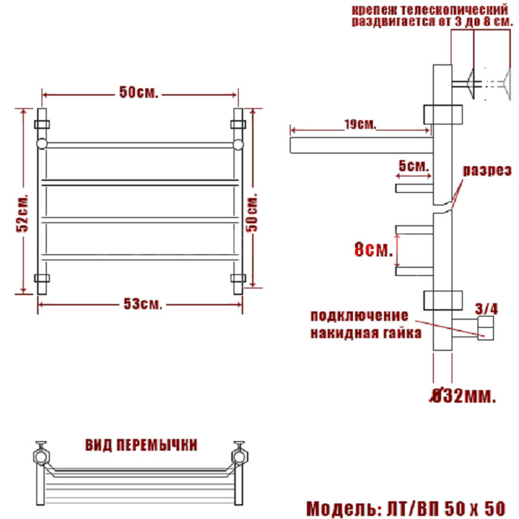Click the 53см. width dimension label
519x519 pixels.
[x=143, y=304]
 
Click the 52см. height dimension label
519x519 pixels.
[x=22, y=213]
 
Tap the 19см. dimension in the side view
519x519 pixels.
[x=360, y=125]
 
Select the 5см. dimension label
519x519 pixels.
[x=414, y=165]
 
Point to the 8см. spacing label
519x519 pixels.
[x=374, y=249]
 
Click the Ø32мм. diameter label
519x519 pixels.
[x=463, y=395]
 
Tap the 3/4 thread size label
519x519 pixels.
[x=486, y=309]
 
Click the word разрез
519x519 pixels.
[x=487, y=170]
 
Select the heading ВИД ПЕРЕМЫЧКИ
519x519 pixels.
[x=142, y=445]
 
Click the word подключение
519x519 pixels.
[x=359, y=315]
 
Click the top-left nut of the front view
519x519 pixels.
[x=42, y=125]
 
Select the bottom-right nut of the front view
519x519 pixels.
[x=238, y=278]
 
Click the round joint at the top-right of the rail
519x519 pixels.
[x=238, y=145]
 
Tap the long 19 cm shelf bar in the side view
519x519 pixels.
[x=362, y=145]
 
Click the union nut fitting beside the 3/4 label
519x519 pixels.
[x=486, y=328]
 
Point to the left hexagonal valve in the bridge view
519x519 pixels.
[x=42, y=457]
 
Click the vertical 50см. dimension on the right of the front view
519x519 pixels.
[x=252, y=213]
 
